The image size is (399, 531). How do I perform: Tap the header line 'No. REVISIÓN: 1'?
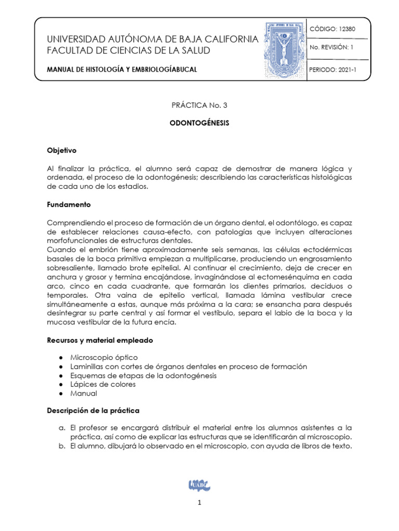(331, 48)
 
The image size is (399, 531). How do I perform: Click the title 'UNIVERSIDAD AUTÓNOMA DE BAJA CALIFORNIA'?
(152, 40)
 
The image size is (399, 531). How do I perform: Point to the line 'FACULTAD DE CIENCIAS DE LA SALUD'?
(128, 51)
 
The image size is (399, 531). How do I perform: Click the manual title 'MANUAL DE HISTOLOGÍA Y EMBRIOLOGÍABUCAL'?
(122, 69)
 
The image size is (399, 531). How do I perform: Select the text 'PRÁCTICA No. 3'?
(199, 105)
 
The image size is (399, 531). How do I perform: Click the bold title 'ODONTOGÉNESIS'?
(199, 124)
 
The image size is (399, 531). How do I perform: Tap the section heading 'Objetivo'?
(62, 150)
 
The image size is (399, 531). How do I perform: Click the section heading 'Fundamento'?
(69, 204)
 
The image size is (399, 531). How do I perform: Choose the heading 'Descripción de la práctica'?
(93, 411)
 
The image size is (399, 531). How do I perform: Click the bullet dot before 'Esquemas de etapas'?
(62, 375)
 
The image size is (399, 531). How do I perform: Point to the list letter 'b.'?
(61, 446)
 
